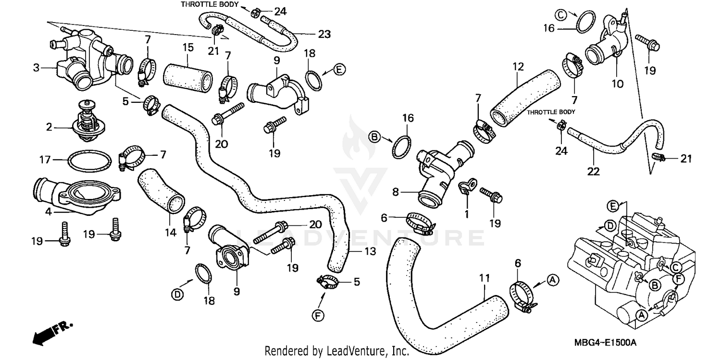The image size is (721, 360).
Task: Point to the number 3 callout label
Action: pyautogui.click(x=36, y=68)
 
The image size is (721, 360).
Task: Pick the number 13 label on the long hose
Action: pyautogui.click(x=370, y=251)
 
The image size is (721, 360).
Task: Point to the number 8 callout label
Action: pyautogui.click(x=396, y=192)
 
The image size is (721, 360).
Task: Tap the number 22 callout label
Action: pyautogui.click(x=593, y=172)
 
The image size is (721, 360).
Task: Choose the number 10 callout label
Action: pyautogui.click(x=617, y=84)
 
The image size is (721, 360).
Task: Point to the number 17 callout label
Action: pyautogui.click(x=44, y=159)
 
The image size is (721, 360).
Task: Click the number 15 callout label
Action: pyautogui.click(x=187, y=48)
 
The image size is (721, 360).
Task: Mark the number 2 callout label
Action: pyautogui.click(x=49, y=127)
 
